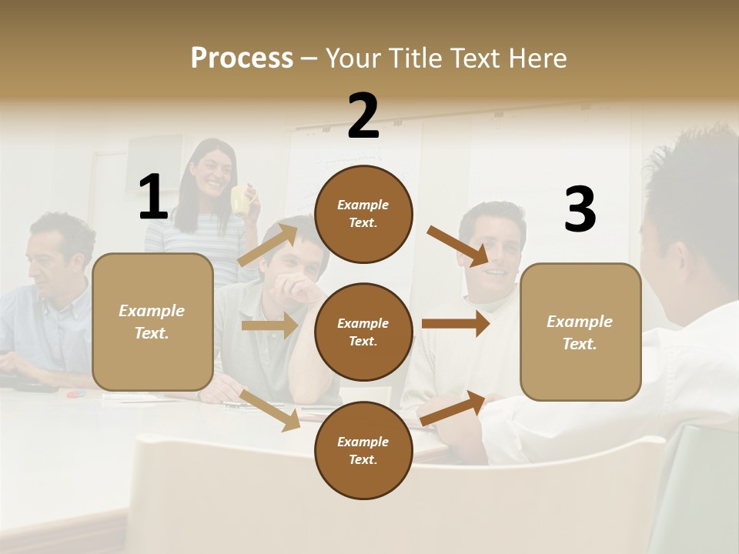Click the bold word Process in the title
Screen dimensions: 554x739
coord(242,58)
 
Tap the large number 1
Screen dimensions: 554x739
coord(152,197)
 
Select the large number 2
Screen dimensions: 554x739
coord(363,116)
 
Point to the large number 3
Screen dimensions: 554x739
coord(580,209)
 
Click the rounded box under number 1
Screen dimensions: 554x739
coord(152,322)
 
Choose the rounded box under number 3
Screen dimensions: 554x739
coord(580,332)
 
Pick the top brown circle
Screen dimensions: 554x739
coord(363,214)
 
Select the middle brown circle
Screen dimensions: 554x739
coord(363,332)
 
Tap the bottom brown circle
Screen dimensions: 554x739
coord(363,450)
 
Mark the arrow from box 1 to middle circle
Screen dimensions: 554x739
coord(269,325)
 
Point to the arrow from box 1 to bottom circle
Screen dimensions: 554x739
coord(270,410)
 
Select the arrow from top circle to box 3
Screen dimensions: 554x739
coord(458,246)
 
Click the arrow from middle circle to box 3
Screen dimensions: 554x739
coord(456,324)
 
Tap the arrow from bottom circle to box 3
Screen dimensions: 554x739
coord(453,408)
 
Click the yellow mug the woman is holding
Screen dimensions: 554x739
coord(242,200)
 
